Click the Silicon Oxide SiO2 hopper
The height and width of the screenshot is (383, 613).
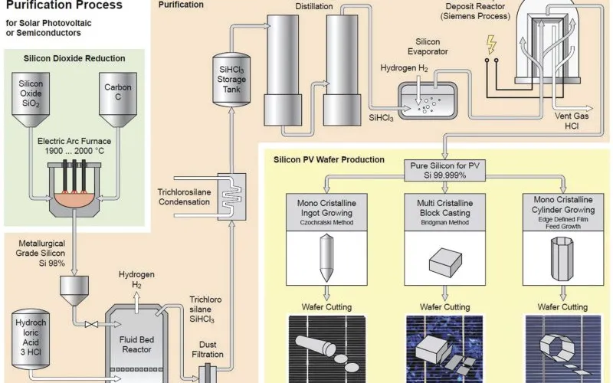pos(31,100)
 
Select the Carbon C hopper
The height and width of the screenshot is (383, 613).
pos(118,100)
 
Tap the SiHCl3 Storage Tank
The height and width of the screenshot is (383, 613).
pos(231,79)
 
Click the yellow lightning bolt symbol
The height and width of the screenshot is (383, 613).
pos(491,44)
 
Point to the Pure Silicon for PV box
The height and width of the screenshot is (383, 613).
pos(444,170)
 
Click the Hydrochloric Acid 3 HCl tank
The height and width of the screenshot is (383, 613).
pos(31,339)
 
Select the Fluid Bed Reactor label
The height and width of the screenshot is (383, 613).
pos(136,344)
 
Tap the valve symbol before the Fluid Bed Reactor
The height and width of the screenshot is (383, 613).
pos(91,324)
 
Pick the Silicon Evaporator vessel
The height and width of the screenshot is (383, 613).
pos(428,100)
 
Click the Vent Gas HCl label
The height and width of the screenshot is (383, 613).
pos(572,121)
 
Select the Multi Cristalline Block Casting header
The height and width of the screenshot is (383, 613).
pos(444,212)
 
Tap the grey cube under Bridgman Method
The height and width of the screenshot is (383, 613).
pos(445,262)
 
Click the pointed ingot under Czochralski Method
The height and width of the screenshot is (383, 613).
pos(326,257)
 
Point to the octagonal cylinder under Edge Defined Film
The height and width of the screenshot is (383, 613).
pos(562,259)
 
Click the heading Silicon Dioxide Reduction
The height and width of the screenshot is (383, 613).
pos(74,58)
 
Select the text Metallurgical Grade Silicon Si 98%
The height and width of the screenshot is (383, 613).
pos(41,254)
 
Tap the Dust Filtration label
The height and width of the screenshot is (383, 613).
pos(208,349)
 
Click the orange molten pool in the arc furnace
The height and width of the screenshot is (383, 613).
pos(74,198)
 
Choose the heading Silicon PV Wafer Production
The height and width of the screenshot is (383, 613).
pos(329,159)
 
